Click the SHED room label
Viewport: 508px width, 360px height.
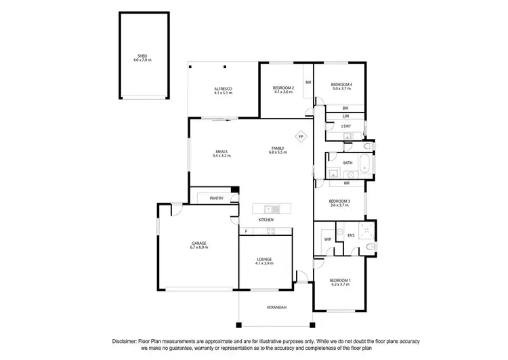point(142,56)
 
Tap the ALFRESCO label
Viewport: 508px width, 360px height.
point(224,89)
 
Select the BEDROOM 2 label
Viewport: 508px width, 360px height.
point(282,88)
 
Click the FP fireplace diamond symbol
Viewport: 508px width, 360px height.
point(301,136)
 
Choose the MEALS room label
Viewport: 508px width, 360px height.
point(221,151)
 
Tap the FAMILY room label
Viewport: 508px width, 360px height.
point(278,148)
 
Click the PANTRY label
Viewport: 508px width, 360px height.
point(217,198)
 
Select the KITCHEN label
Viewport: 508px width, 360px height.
point(266,220)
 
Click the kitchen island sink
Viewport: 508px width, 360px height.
point(268,208)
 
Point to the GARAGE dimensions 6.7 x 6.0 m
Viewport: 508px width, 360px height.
point(198,247)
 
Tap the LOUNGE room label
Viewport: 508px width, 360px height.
point(264,259)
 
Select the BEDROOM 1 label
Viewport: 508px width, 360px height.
point(339,280)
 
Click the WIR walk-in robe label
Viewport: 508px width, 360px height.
point(327,239)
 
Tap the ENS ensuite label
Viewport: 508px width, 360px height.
point(351,236)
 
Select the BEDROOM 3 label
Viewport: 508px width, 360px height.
point(339,201)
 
